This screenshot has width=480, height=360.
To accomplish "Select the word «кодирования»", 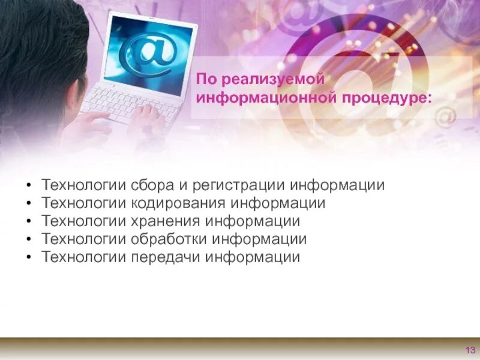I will click(179, 203).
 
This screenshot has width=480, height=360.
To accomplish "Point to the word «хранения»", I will click(166, 221).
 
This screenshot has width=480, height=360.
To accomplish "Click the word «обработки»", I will click(169, 239).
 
